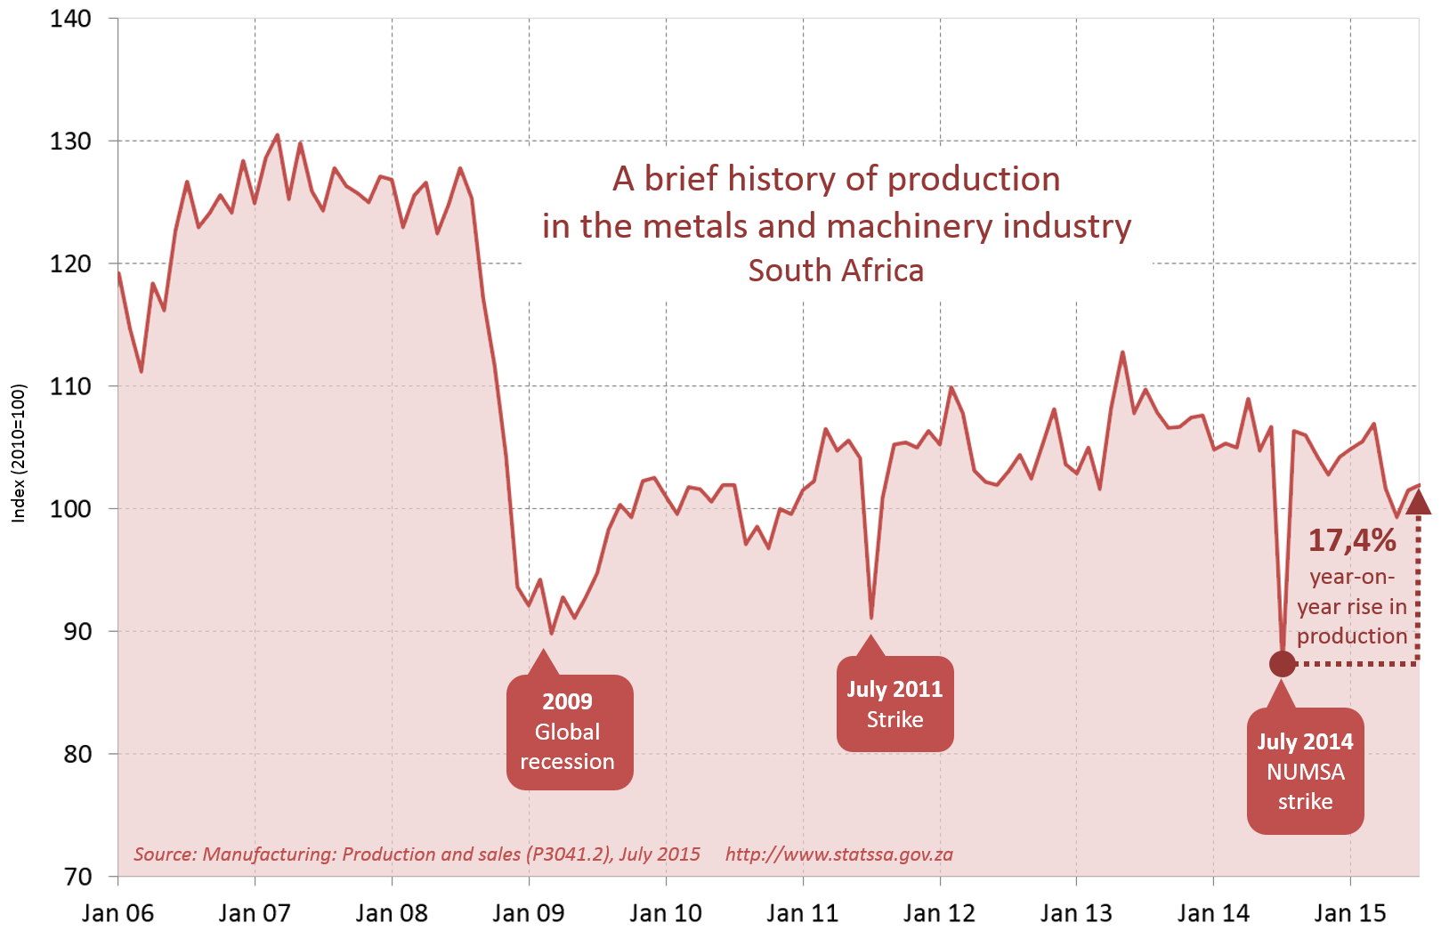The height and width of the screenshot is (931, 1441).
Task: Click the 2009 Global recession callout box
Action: click(569, 732)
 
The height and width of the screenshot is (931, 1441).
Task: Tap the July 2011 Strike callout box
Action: click(895, 704)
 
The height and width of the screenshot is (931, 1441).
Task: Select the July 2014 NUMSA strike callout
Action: click(1305, 771)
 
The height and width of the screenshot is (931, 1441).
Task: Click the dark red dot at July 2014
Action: click(1282, 663)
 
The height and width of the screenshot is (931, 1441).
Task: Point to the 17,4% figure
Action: click(1352, 540)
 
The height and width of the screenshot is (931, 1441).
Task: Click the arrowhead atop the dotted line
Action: click(1418, 503)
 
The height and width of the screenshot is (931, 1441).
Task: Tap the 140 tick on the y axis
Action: click(71, 19)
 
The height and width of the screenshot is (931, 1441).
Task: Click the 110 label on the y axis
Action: click(71, 386)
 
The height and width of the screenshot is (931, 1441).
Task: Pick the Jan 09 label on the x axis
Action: click(529, 913)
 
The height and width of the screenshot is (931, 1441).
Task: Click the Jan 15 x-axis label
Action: click(1350, 913)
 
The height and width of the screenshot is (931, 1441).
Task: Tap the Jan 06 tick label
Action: click(117, 913)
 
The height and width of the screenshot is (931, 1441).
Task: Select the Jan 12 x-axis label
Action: click(939, 913)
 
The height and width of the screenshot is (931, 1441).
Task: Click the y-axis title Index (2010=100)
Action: click(19, 453)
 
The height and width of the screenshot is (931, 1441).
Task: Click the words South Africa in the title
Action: click(836, 271)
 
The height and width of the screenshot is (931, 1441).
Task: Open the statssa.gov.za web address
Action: click(838, 854)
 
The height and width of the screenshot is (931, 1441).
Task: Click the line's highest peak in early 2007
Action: click(277, 135)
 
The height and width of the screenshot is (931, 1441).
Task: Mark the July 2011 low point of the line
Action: click(871, 617)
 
